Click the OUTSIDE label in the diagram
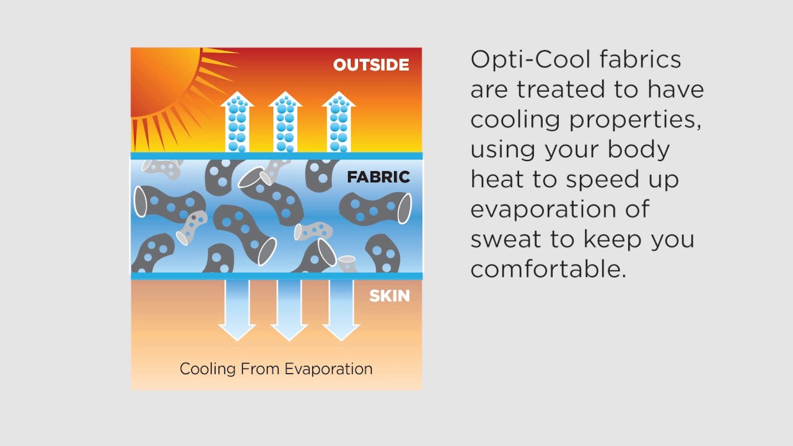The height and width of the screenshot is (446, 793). click(371, 65)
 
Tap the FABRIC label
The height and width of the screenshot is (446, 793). click(378, 177)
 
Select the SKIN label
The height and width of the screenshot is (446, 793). click(390, 296)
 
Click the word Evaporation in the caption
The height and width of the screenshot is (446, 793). click(328, 369)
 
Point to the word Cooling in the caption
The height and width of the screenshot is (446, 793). click(208, 369)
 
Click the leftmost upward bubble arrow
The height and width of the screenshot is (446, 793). click(237, 122)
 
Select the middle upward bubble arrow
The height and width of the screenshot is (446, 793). click(286, 122)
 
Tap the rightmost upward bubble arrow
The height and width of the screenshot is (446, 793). click(339, 122)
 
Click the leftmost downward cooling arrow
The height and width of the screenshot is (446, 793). click(237, 310)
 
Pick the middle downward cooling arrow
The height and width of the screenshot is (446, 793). click(289, 310)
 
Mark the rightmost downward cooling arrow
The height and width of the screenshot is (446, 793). click(341, 310)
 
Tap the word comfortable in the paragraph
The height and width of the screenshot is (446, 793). click(549, 269)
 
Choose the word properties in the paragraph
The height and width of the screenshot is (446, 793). click(635, 120)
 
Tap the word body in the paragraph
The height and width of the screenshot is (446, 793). click(639, 149)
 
